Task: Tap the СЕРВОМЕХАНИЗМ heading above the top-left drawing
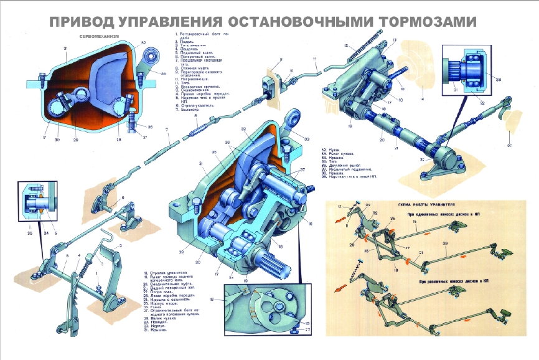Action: (x=98, y=37)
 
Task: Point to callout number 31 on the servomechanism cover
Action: (x=65, y=48)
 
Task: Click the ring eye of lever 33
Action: (x=291, y=118)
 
